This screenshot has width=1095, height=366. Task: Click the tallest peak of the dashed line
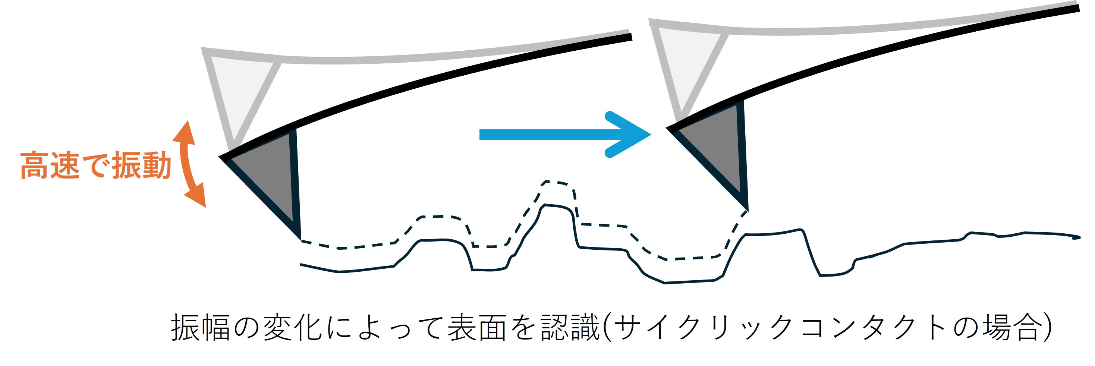(557, 182)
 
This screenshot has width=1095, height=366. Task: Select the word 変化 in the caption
(292, 327)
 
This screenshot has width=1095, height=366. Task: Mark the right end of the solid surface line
(1080, 237)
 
